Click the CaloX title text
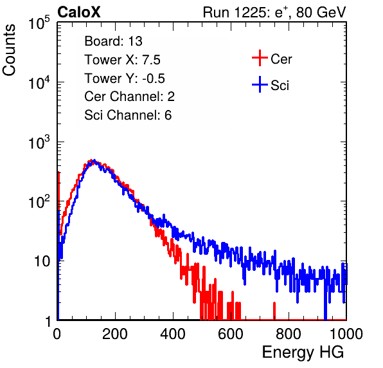pyautogui.click(x=78, y=12)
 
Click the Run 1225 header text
pyautogui.click(x=274, y=12)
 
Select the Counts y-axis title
pyautogui.click(x=9, y=50)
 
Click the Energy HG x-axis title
pyautogui.click(x=303, y=353)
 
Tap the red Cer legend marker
pyautogui.click(x=260, y=58)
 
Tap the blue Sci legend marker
pyautogui.click(x=260, y=84)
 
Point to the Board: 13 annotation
pyautogui.click(x=113, y=41)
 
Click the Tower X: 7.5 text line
pyautogui.click(x=122, y=60)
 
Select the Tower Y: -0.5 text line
pyautogui.click(x=125, y=78)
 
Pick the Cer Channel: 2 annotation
pyautogui.click(x=129, y=97)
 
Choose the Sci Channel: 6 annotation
pyautogui.click(x=128, y=115)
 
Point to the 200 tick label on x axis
pyautogui.click(x=115, y=334)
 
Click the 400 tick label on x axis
pyautogui.click(x=173, y=334)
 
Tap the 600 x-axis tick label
pyautogui.click(x=231, y=334)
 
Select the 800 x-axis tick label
pyautogui.click(x=289, y=334)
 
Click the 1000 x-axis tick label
pyautogui.click(x=346, y=334)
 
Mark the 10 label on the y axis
pyautogui.click(x=42, y=261)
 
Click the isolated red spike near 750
pyautogui.click(x=274, y=311)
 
